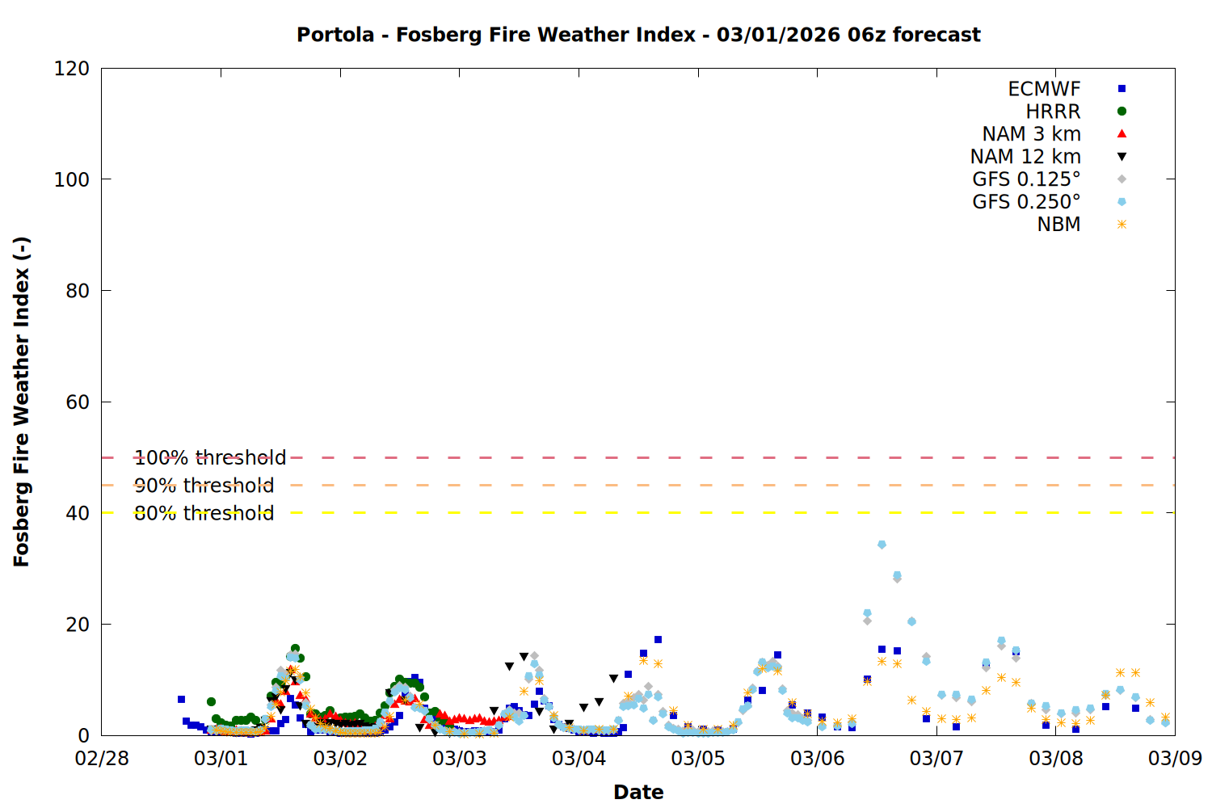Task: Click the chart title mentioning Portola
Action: point(638,35)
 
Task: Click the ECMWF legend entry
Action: point(1044,89)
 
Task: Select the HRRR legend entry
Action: point(1053,112)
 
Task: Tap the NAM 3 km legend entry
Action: point(1031,134)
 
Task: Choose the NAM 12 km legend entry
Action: point(1025,157)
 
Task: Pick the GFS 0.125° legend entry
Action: point(1026,179)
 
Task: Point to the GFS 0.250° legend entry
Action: point(1026,202)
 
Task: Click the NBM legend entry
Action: point(1058,225)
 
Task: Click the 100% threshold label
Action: point(210,458)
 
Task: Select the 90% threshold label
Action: point(204,486)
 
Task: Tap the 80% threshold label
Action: point(204,513)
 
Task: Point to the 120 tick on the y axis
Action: point(72,69)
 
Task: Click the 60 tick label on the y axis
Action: point(78,402)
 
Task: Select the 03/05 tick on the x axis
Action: point(698,759)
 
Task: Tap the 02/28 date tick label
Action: point(102,759)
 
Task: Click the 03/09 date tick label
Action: point(1175,759)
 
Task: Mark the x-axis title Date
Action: point(638,792)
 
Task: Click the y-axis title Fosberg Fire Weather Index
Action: point(22,402)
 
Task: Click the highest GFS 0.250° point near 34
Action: point(882,545)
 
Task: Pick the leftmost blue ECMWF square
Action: point(181,699)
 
